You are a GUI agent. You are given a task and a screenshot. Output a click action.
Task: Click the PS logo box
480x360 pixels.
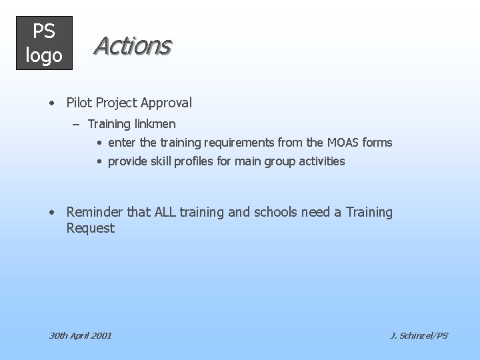tap(44, 43)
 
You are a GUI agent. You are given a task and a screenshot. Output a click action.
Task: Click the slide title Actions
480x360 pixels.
tap(132, 45)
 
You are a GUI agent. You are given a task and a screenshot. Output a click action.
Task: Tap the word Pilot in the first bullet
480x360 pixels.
tap(79, 103)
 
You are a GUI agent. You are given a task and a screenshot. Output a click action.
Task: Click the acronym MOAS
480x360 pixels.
tap(343, 143)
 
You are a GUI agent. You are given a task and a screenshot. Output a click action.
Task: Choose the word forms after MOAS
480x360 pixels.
tap(377, 143)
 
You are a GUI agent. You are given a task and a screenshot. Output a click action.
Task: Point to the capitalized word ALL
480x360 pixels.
tap(167, 212)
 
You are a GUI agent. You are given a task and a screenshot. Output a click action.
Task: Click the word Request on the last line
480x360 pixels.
tap(91, 229)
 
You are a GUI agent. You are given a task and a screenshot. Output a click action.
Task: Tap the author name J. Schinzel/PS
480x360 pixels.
tap(419, 335)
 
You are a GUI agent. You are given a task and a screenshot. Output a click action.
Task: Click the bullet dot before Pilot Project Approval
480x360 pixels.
tap(51, 103)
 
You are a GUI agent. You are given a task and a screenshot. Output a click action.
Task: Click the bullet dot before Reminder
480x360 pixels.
tap(51, 213)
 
